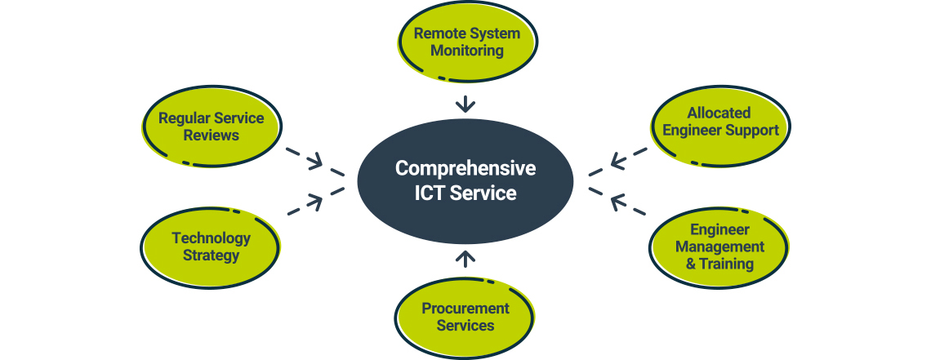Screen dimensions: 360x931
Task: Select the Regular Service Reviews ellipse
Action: [211, 127]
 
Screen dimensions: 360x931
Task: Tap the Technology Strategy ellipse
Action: [211, 247]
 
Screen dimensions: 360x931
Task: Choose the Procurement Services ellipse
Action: [465, 317]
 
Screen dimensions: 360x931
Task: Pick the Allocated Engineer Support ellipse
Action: [719, 122]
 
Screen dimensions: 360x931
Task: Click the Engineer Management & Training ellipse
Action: [719, 247]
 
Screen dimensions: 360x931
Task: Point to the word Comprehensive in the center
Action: [465, 168]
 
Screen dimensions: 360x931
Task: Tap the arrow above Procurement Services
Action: [465, 260]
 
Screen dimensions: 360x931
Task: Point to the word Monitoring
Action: [467, 51]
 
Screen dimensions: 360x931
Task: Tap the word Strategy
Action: [211, 256]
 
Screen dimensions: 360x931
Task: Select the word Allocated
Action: [719, 113]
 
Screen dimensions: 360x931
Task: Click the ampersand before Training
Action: [691, 264]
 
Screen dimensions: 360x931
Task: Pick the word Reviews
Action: [211, 136]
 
